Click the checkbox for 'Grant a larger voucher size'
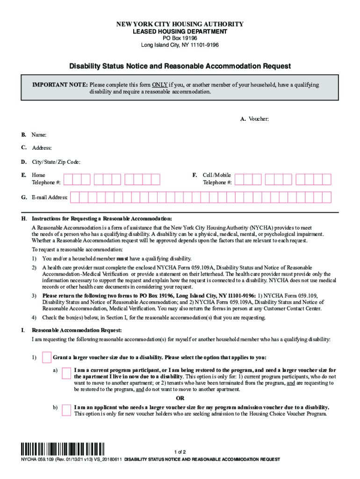(47, 357)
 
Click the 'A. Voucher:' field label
(254, 119)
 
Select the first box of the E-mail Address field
(74, 197)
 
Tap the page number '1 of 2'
(180, 452)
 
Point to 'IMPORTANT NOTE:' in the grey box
(59, 85)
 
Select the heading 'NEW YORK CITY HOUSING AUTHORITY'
(180, 24)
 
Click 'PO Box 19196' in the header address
(180, 38)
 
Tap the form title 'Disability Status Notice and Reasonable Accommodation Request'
(180, 66)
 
